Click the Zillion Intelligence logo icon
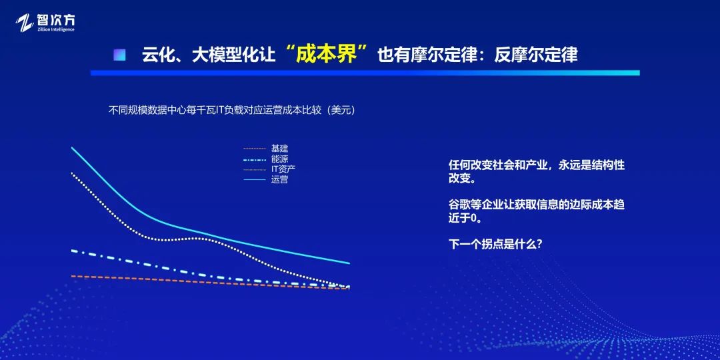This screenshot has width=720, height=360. pos(25,23)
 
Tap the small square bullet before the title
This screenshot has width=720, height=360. pos(119,55)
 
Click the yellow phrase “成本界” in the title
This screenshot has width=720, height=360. pos(326,54)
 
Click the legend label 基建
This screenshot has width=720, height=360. pos(279,149)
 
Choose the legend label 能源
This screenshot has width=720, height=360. pos(279,159)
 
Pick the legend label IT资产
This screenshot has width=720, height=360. pos(283,169)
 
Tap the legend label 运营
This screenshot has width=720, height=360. pos(279,179)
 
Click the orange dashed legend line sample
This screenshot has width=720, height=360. pos(255,149)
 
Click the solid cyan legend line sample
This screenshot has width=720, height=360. pos(255,179)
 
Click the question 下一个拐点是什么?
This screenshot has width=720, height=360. pos(495,244)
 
